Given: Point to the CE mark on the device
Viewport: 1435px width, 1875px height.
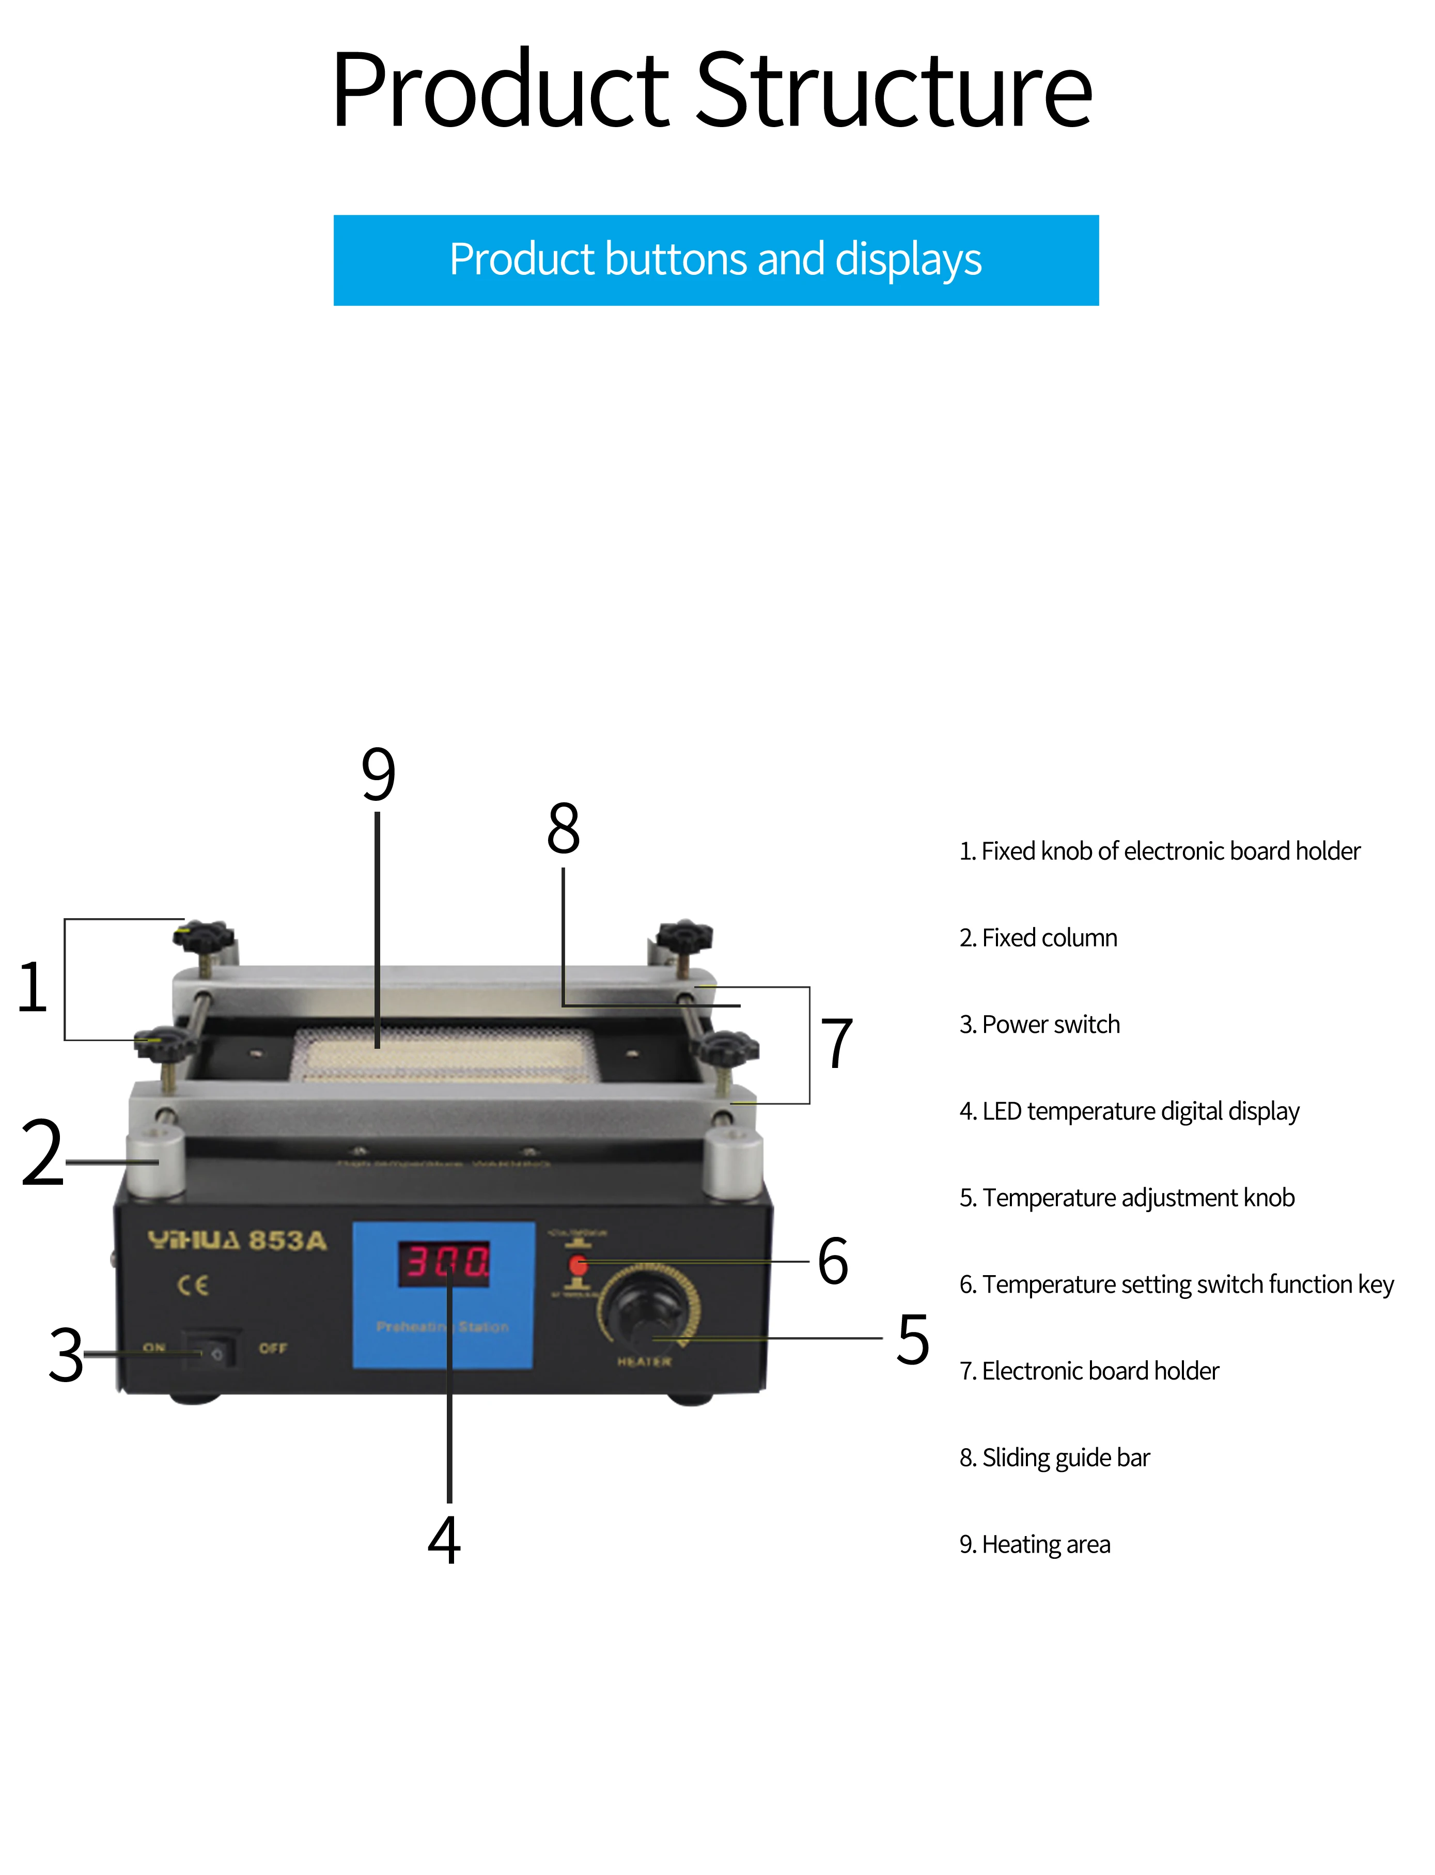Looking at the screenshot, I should click(193, 1285).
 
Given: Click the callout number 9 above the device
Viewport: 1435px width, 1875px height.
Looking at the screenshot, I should click(379, 774).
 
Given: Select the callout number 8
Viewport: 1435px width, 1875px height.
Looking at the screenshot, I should click(564, 829).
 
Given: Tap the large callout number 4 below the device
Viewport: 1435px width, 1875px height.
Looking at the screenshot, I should click(444, 1540).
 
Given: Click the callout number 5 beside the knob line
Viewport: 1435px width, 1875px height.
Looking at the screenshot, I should click(912, 1339).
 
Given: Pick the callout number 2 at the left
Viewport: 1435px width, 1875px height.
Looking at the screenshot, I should click(43, 1153).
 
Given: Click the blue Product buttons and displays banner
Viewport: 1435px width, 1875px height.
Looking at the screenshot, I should click(716, 260).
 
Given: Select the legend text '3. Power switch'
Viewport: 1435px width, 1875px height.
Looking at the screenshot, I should click(1039, 1024).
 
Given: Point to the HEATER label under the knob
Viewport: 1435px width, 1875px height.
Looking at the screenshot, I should click(644, 1361).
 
